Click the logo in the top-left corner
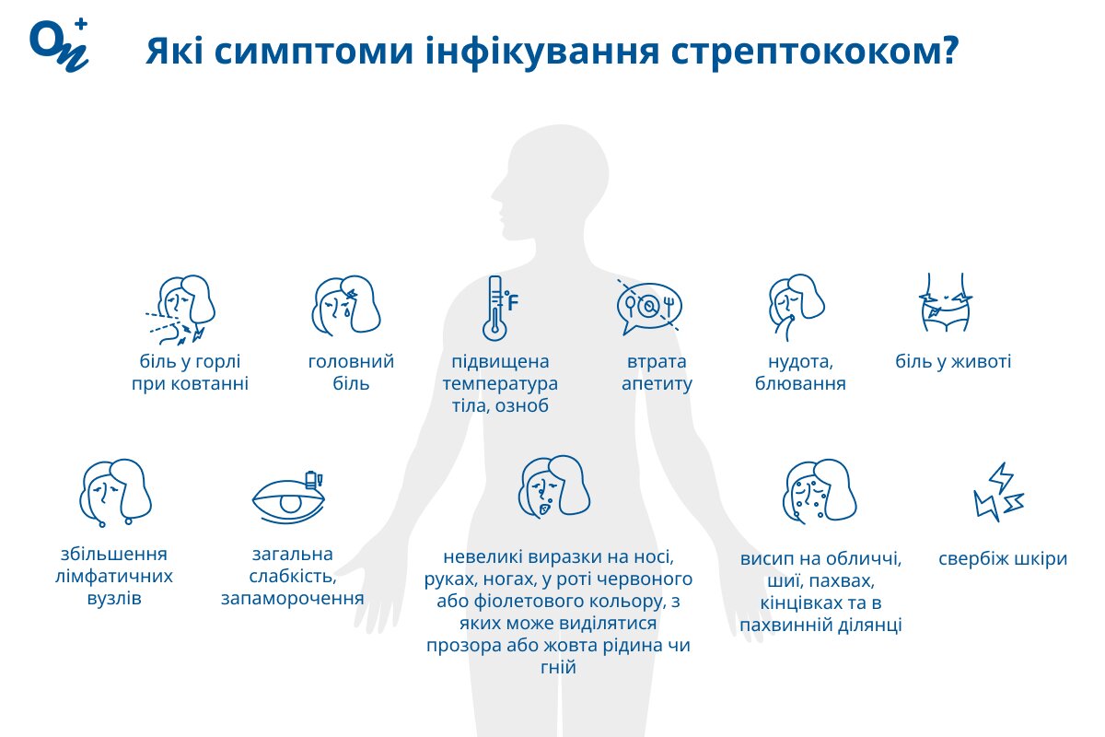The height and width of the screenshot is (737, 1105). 59,45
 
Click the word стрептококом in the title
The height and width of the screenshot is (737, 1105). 815,52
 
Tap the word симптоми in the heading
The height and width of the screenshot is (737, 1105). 314,52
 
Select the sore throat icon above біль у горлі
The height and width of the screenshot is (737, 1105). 180,310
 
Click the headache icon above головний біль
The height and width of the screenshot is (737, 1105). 346,305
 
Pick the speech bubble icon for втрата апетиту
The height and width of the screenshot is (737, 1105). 649,307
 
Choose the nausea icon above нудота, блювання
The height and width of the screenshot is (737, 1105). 797,307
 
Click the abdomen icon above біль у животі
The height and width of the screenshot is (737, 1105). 945,302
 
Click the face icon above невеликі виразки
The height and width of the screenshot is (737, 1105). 554,486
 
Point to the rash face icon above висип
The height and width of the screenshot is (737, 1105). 820,490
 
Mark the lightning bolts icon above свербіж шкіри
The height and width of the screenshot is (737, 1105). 998,492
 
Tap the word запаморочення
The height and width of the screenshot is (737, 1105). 293,598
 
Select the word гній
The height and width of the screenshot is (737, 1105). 558,667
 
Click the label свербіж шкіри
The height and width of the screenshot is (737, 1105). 1003,559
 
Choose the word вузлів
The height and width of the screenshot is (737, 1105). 114,598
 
